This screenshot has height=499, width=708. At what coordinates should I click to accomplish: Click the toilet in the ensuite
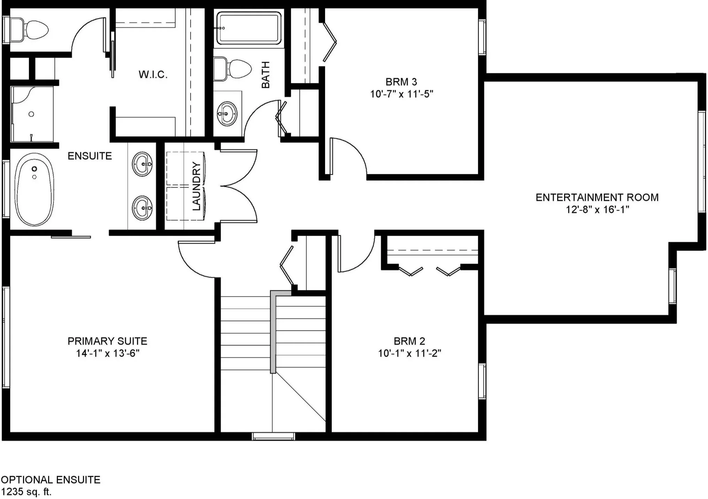pos(29,30)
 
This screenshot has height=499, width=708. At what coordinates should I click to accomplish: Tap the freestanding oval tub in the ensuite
pos(34,190)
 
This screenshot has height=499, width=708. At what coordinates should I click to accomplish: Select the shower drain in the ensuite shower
pos(31,114)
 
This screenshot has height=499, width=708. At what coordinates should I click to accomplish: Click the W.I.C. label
pos(153,74)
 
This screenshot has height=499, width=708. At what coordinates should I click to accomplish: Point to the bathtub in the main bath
pos(249,28)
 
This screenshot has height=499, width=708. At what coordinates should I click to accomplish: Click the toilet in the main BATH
pos(232,69)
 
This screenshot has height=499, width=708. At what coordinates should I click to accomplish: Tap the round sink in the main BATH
pos(227,114)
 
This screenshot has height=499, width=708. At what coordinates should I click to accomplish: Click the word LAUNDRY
pos(197,186)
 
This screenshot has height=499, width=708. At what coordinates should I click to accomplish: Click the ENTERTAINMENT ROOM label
pos(597,198)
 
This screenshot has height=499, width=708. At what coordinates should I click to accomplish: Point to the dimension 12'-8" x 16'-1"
pos(597,209)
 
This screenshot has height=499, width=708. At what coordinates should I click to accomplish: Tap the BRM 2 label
pos(409,341)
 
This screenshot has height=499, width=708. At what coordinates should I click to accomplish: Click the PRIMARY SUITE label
pos(107,341)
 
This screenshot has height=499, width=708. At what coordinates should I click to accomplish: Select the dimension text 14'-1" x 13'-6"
pos(108,353)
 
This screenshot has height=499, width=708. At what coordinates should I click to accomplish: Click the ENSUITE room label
pos(90,156)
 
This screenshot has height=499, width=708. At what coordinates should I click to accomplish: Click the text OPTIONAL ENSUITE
pos(51,480)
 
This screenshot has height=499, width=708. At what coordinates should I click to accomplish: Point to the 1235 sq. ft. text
pos(26,492)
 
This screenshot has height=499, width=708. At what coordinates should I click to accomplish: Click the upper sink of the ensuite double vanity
pos(142,164)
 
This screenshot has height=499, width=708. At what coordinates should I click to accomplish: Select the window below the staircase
pos(274,436)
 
